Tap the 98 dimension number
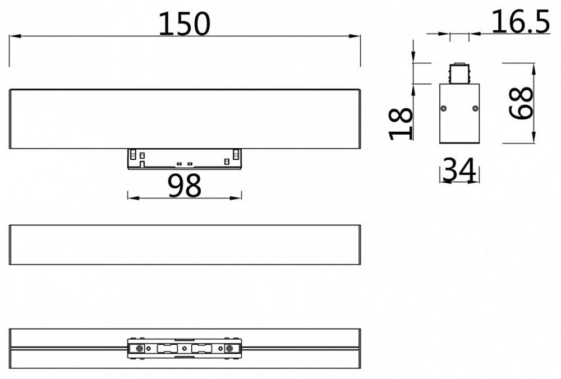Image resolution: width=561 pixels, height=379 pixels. (185, 186)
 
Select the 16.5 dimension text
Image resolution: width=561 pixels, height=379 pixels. (520, 22)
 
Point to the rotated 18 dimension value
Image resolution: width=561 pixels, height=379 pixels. (401, 124)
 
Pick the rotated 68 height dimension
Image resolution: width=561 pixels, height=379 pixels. (522, 102)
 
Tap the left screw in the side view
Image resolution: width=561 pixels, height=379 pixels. (444, 108)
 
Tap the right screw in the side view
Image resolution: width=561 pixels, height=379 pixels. (475, 108)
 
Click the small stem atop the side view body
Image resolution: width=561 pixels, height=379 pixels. (459, 73)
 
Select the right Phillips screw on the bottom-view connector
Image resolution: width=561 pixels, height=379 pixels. (229, 349)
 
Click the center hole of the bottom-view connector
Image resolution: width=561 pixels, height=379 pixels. (185, 349)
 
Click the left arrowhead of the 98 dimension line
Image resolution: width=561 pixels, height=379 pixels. (131, 197)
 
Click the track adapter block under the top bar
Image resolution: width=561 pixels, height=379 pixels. (185, 159)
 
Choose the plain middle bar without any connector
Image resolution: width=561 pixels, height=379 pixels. (185, 245)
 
